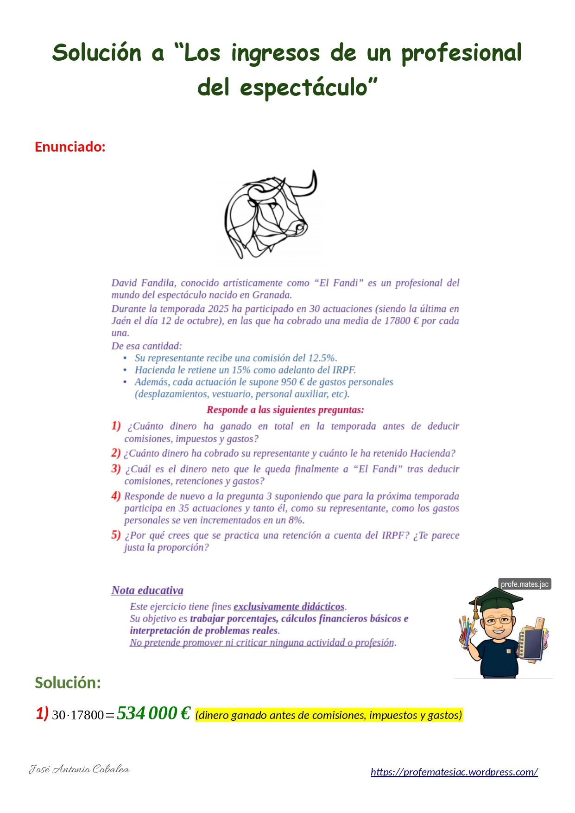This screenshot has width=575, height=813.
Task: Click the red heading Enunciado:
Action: (x=70, y=147)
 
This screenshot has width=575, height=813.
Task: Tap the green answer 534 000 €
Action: (x=153, y=713)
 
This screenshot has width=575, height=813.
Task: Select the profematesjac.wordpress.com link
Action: (x=454, y=772)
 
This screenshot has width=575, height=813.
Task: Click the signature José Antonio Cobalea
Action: (x=79, y=769)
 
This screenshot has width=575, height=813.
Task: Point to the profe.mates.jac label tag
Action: (x=524, y=584)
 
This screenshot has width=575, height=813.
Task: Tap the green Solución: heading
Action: (x=68, y=683)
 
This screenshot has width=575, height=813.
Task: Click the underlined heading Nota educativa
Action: (x=147, y=591)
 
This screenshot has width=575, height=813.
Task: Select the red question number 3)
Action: (x=116, y=469)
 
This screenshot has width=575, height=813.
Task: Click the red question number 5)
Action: (x=116, y=535)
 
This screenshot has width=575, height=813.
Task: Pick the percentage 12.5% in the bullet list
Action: (x=322, y=358)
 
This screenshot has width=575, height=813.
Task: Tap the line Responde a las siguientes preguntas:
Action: (x=285, y=410)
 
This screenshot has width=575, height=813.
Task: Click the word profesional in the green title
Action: (x=461, y=52)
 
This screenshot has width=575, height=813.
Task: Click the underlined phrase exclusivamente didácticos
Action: (x=289, y=606)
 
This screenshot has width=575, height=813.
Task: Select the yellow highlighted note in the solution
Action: (x=329, y=715)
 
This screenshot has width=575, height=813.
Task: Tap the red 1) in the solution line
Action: (x=42, y=713)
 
